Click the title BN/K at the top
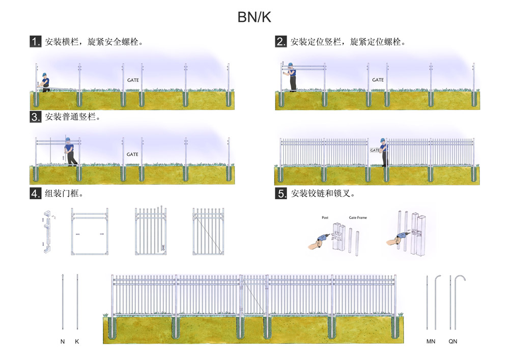(x=254, y=17)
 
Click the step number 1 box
(x=36, y=42)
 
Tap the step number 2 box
(x=281, y=42)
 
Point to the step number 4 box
(x=36, y=193)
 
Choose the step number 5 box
(x=281, y=193)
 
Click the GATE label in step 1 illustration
(x=132, y=80)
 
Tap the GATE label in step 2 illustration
(x=378, y=80)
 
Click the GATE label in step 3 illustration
(x=132, y=154)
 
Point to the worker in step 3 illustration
(x=71, y=152)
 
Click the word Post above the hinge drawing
(x=325, y=218)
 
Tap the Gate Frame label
(x=357, y=218)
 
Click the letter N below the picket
(x=63, y=342)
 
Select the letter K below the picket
(x=77, y=342)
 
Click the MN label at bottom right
(x=431, y=342)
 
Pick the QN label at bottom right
(x=453, y=342)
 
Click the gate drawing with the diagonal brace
(x=209, y=232)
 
